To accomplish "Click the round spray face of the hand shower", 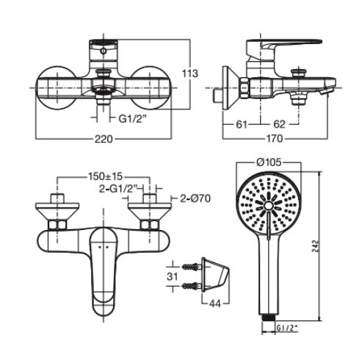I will (271, 205).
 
